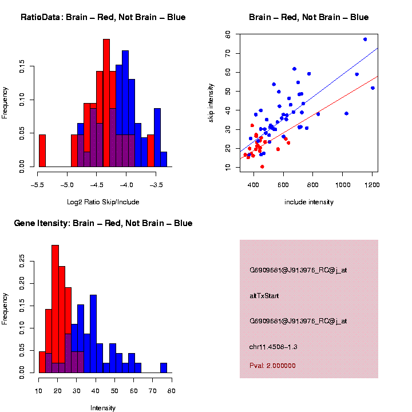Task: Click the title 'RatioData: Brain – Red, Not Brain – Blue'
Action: [103, 17]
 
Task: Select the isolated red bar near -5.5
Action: [42, 152]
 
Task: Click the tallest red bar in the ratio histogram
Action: [106, 103]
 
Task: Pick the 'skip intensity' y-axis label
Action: [211, 101]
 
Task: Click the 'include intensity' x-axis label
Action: [309, 202]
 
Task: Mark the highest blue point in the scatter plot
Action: [365, 39]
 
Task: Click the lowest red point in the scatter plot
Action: [262, 167]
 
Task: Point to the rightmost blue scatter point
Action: [373, 88]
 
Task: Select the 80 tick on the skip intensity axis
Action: [227, 35]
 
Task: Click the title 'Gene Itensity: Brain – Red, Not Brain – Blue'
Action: [103, 223]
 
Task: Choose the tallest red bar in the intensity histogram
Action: [56, 309]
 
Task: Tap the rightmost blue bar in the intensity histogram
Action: [164, 368]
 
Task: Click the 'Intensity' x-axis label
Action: [103, 408]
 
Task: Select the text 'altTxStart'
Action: [264, 296]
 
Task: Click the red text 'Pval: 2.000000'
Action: [272, 366]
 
